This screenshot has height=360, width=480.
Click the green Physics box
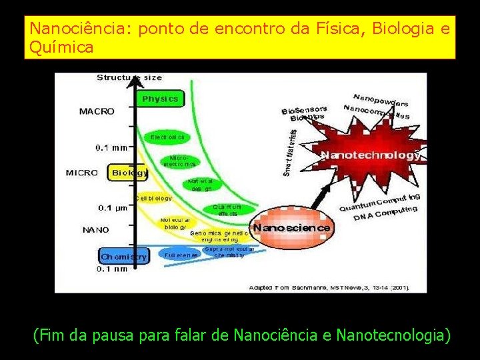pos(160,99)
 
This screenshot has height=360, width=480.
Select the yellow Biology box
pos(129,173)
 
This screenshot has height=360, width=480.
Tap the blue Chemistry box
pos(124,256)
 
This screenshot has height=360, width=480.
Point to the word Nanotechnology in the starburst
pos(370,155)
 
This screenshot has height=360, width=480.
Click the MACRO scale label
pos(96,111)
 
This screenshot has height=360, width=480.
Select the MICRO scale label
pos(81,173)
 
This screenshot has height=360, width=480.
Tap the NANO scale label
pos(95,230)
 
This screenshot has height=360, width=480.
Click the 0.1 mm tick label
pos(111,147)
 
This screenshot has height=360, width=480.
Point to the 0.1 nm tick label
pos(111,269)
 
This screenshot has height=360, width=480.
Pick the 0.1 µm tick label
pos(112,208)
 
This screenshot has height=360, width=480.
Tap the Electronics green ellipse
pos(167,137)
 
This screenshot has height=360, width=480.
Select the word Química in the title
pos(61,47)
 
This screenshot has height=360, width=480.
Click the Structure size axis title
pos(129,77)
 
